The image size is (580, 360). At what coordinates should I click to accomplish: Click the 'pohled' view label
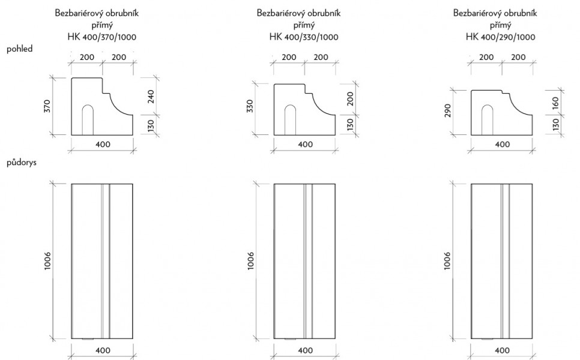pyautogui.click(x=20, y=49)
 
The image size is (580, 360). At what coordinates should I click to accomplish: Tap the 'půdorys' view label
pyautogui.click(x=22, y=162)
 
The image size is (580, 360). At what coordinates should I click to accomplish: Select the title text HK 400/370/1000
pyautogui.click(x=101, y=37)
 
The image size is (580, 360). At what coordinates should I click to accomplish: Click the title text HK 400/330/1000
pyautogui.click(x=304, y=37)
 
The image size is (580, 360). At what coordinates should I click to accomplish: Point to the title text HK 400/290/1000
pyautogui.click(x=501, y=37)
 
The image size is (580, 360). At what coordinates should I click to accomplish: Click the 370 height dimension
pyautogui.click(x=47, y=106)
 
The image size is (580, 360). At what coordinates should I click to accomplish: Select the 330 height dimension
pyautogui.click(x=250, y=106)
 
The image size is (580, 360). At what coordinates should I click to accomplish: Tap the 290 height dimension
pyautogui.click(x=447, y=110)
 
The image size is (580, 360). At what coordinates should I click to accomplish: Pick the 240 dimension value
pyautogui.click(x=151, y=97)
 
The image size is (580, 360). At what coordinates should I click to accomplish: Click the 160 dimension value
pyautogui.click(x=555, y=103)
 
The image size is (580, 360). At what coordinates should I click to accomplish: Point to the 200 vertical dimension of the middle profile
pyautogui.click(x=350, y=99)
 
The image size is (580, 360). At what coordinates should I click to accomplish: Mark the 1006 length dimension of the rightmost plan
pyautogui.click(x=447, y=261)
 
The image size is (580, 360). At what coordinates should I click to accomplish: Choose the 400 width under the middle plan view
pyautogui.click(x=305, y=350)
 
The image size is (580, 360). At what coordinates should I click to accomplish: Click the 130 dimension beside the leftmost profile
pyautogui.click(x=151, y=125)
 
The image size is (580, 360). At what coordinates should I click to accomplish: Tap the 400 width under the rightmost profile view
pyautogui.click(x=503, y=144)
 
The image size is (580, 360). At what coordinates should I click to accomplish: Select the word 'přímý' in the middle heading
pyautogui.click(x=304, y=25)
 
